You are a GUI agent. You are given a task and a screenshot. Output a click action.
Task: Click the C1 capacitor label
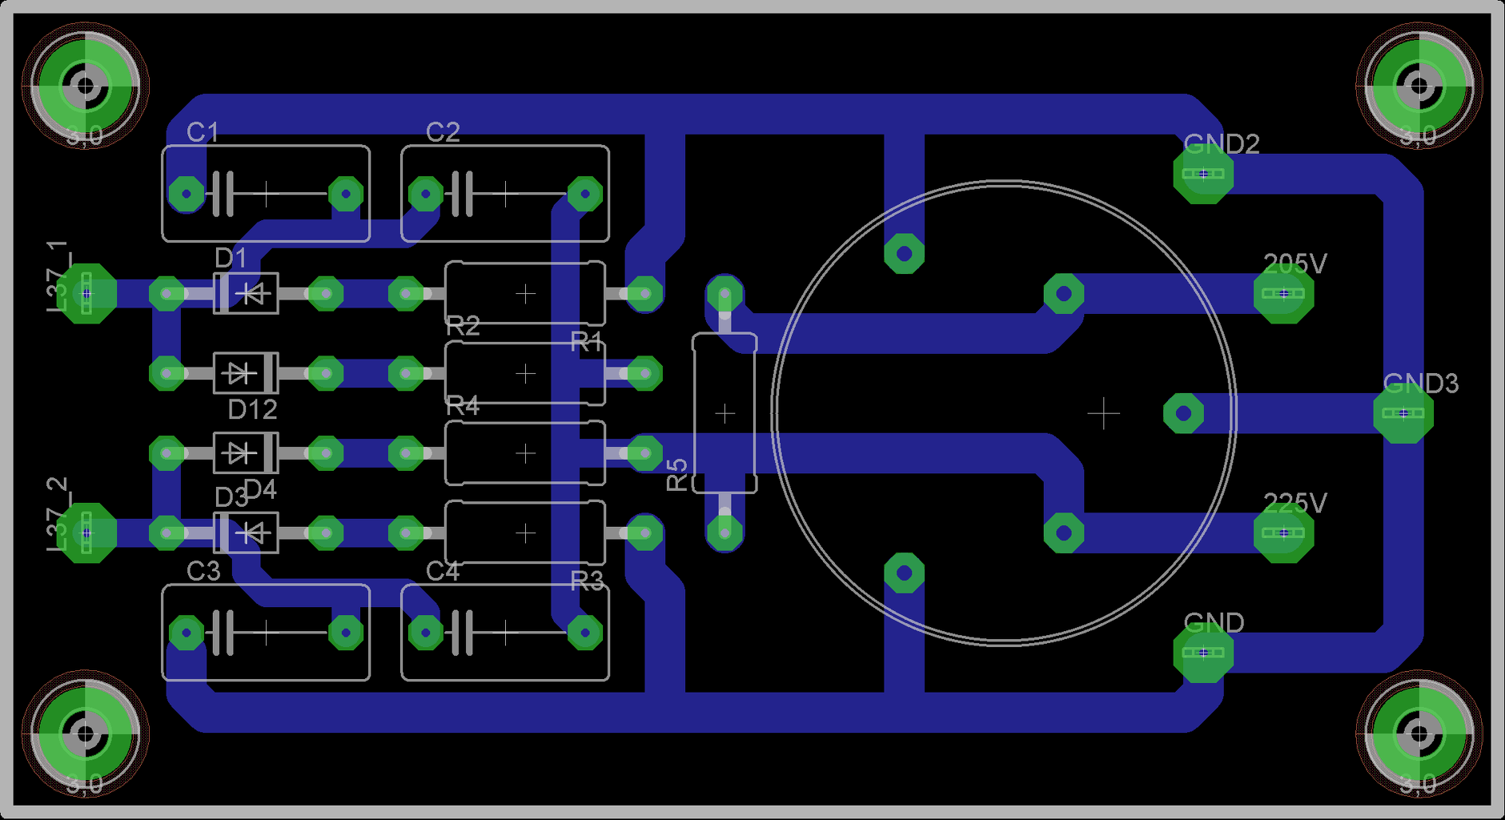[x=202, y=132]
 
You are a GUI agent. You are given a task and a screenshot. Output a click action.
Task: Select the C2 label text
[x=443, y=132]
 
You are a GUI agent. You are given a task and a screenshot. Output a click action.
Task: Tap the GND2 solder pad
[x=1203, y=174]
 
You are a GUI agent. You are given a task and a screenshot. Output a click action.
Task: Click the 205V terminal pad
[x=1283, y=294]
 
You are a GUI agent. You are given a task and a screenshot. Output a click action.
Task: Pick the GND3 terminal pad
[x=1403, y=413]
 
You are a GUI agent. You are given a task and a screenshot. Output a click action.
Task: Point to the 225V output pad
[x=1283, y=533]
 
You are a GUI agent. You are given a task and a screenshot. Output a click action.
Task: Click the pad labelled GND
[x=1203, y=653]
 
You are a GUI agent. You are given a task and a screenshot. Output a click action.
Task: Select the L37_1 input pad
[x=86, y=294]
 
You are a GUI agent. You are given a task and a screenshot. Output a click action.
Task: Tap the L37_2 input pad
[x=86, y=533]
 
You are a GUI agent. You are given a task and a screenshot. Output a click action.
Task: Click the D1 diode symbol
[x=246, y=294]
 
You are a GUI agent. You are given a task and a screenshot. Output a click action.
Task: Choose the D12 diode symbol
[x=246, y=373]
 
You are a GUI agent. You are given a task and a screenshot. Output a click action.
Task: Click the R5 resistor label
[x=677, y=474]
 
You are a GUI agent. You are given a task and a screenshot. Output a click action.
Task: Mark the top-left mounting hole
[x=84, y=84]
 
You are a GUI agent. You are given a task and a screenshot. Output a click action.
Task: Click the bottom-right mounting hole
[x=1419, y=732]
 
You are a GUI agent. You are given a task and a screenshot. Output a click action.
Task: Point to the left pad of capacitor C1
[x=187, y=194]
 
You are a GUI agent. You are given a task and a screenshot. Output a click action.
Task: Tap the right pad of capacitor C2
[x=585, y=194]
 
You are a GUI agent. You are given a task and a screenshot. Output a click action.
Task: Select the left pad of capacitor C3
[x=187, y=633]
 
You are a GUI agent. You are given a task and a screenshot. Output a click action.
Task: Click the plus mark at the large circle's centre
[x=1103, y=413]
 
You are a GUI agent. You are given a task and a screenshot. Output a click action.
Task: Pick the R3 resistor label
[x=587, y=581]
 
